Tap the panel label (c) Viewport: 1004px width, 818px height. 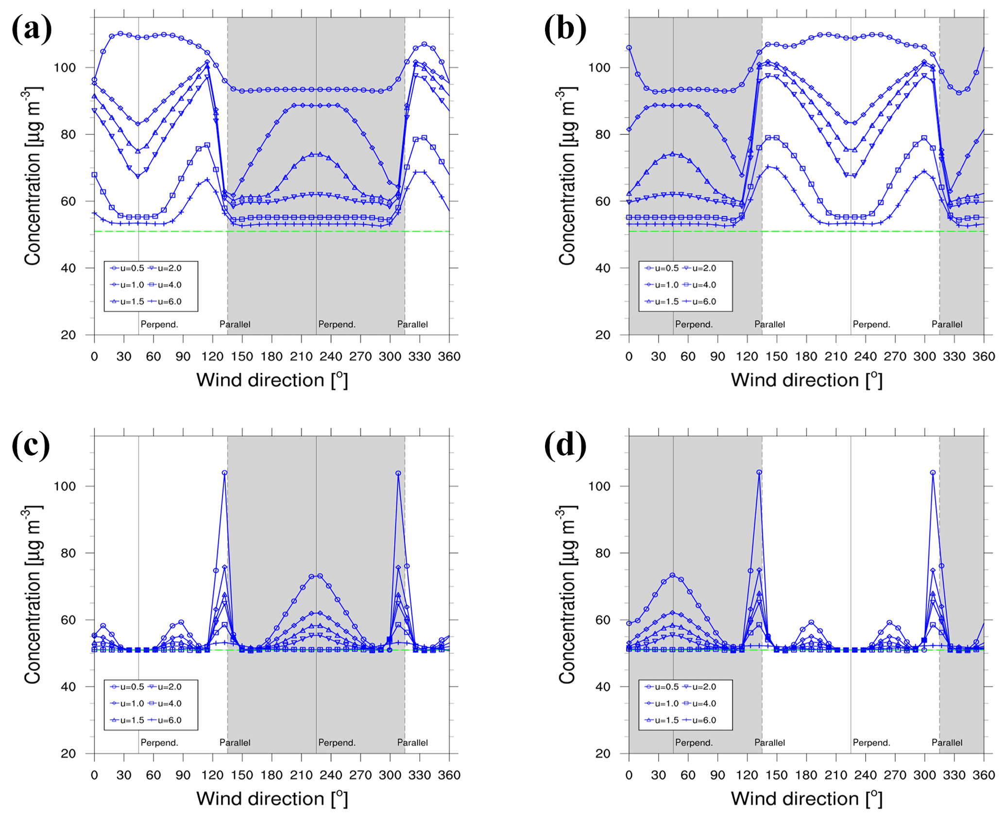tap(31, 445)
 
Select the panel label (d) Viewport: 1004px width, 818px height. tap(565, 445)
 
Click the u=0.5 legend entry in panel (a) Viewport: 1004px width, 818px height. tap(127, 268)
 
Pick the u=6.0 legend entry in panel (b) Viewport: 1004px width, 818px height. tap(699, 302)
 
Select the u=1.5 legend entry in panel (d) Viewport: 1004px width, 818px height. tap(662, 720)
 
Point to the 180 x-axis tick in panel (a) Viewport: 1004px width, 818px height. tap(272, 356)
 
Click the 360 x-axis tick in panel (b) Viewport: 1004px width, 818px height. tap(984, 356)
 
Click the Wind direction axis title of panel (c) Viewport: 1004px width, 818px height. tap(272, 799)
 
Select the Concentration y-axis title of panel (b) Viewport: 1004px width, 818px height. tap(566, 176)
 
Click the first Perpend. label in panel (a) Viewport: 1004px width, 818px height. tap(159, 324)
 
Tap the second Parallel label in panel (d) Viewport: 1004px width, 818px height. tap(947, 743)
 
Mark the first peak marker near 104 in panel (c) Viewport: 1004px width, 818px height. tap(224, 473)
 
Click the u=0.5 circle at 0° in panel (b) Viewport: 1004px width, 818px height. tap(629, 48)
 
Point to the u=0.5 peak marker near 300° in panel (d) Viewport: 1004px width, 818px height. tap(933, 473)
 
